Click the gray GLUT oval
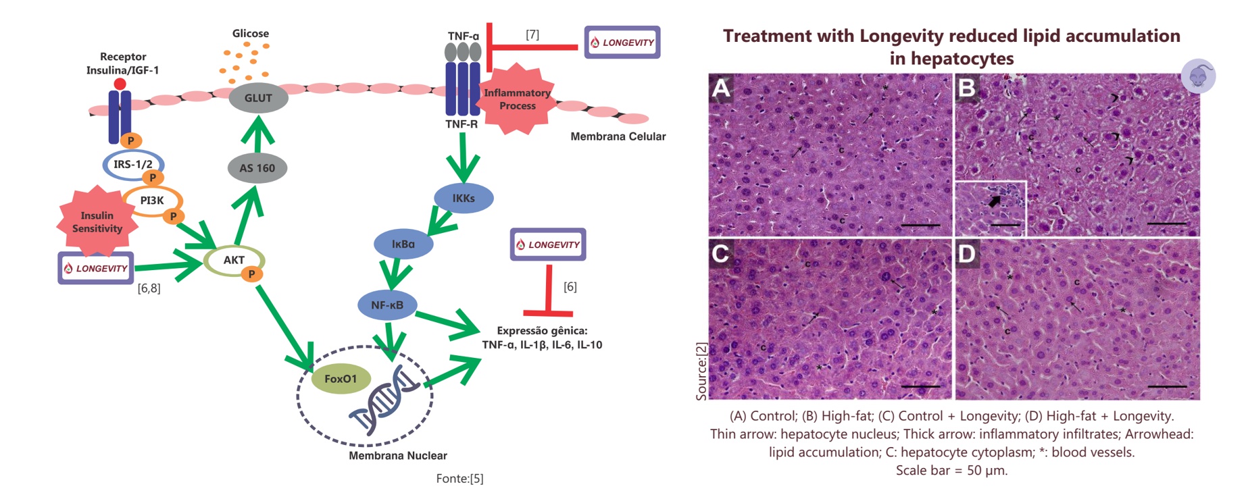(x=258, y=99)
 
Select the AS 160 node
(x=257, y=168)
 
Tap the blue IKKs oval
(x=464, y=199)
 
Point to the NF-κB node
(x=387, y=305)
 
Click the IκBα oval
(x=403, y=244)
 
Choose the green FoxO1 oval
(x=341, y=379)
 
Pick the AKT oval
(x=234, y=260)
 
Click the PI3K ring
(x=152, y=201)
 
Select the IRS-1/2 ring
(x=132, y=164)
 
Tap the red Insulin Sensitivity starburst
(x=97, y=222)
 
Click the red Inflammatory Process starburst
(x=518, y=99)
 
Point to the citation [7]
(x=532, y=34)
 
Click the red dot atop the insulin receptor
(x=120, y=84)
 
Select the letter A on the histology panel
(x=722, y=88)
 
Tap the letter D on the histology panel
(x=967, y=254)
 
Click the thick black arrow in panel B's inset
(x=995, y=201)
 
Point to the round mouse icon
(x=1198, y=76)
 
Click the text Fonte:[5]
(x=459, y=479)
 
